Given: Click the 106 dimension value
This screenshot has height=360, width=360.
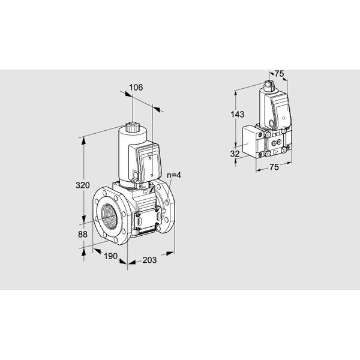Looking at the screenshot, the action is [136, 88].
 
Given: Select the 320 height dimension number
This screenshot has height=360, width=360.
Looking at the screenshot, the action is [83, 185].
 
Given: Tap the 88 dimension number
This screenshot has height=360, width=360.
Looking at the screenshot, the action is [83, 235].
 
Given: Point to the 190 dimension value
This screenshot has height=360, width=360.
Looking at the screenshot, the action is [110, 256].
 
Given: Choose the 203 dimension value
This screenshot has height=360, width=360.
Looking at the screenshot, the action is [149, 260].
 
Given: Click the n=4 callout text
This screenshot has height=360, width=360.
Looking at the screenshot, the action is [174, 175].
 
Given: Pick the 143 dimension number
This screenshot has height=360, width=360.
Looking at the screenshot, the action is [238, 115].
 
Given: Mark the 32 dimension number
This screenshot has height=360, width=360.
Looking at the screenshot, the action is [235, 154].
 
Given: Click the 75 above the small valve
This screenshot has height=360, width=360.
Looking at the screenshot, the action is [280, 74].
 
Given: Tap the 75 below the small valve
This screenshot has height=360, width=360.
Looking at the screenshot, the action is [274, 167].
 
